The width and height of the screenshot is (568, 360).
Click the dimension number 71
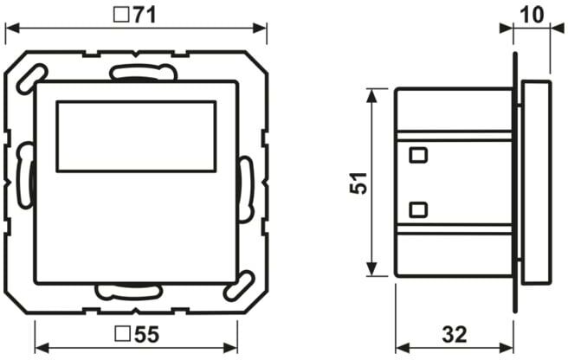coord(144,16)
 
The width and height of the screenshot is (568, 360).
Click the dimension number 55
coord(146,334)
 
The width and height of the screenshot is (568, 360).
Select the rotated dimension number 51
coord(358,183)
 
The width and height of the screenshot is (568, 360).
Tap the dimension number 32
coord(455,334)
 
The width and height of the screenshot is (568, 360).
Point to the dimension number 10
coord(532,16)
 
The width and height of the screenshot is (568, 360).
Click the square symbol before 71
coord(121,16)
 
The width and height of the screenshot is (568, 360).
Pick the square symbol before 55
coord(123,334)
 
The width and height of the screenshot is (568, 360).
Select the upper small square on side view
coord(418,155)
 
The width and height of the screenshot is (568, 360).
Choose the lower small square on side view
coord(418,209)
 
